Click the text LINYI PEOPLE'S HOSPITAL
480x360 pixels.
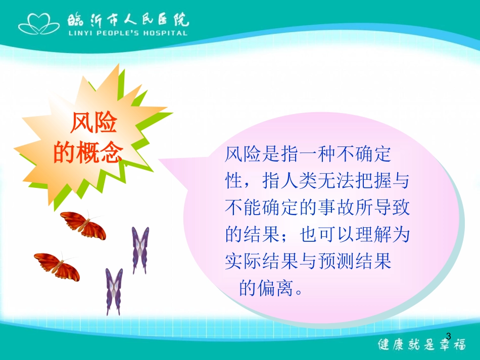(x=127, y=33)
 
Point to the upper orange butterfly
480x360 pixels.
(x=83, y=225)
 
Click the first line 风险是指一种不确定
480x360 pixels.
(x=308, y=155)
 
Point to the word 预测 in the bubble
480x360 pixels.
(x=345, y=262)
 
